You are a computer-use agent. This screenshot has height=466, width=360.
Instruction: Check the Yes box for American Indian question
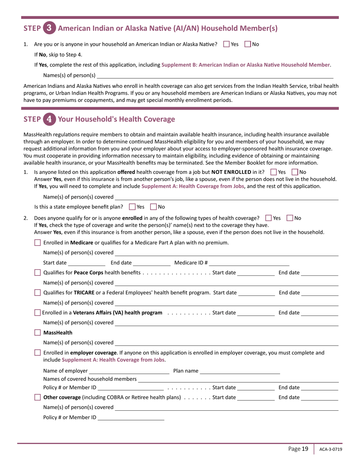tap(227, 44)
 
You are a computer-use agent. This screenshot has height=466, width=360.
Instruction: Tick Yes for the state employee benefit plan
tap(132, 207)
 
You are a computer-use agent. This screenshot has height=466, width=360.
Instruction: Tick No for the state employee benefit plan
tap(153, 207)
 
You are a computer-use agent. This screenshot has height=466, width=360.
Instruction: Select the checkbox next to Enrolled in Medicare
tap(38, 242)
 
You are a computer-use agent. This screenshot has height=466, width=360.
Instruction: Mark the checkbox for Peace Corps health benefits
tap(38, 273)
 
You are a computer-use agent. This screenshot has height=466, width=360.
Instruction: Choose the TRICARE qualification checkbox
tap(38, 292)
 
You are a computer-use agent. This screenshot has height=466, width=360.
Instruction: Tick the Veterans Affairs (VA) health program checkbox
tap(37, 313)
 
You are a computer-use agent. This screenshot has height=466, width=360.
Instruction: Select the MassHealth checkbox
tap(38, 333)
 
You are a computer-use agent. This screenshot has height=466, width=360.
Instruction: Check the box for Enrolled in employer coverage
tap(38, 353)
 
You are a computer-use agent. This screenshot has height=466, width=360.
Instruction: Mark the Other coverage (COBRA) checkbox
tap(38, 397)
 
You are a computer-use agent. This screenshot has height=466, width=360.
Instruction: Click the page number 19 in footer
tap(305, 449)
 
